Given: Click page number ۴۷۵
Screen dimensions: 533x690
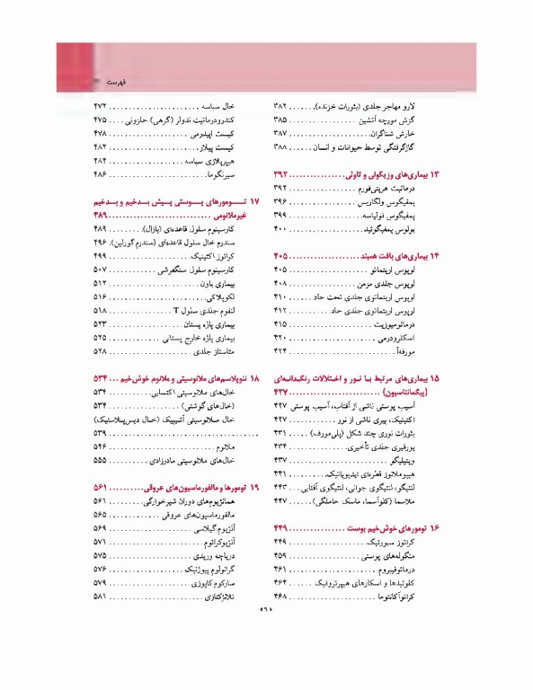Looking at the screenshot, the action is [x=100, y=119].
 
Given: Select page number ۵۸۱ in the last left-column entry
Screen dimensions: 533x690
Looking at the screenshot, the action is [x=100, y=597].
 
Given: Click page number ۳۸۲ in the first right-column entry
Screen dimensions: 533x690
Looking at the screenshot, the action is [x=279, y=105].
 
